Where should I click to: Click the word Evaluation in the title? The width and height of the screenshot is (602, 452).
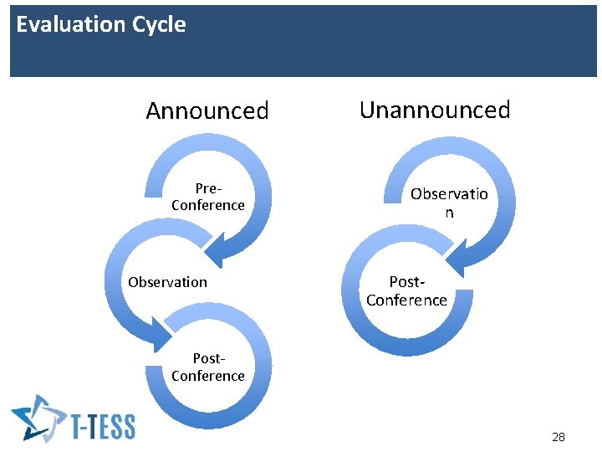(60, 24)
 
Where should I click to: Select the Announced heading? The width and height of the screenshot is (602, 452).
(207, 110)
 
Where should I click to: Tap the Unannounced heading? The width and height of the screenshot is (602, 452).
(435, 110)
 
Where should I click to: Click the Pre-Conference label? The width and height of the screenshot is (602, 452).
(207, 197)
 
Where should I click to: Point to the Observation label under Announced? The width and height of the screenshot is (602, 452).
(167, 282)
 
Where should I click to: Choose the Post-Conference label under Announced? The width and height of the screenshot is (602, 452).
(207, 367)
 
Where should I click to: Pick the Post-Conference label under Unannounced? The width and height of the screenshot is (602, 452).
(407, 291)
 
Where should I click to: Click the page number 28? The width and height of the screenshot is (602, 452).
(559, 437)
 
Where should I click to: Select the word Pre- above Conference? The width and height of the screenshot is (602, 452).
(208, 188)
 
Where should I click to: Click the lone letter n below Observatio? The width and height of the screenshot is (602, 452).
(449, 213)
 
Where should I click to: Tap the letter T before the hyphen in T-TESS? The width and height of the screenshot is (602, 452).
(80, 425)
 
